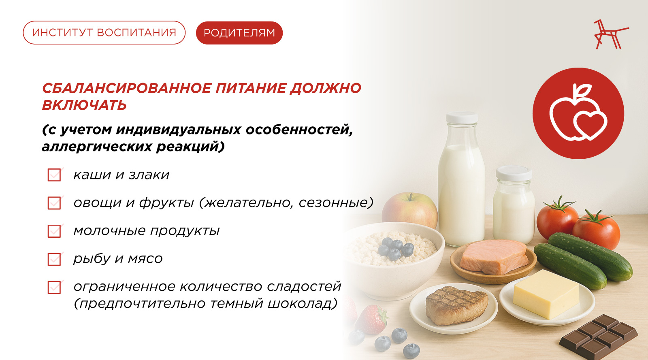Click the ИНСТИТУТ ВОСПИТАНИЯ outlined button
point(104,33)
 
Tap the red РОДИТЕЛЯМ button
point(239,33)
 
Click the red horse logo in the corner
point(611,34)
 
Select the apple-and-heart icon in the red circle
point(578,113)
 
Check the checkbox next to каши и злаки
point(54,175)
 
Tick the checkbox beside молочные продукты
point(54,231)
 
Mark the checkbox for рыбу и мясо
point(54,259)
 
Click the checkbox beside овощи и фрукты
point(54,203)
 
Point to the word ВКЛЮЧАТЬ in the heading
point(84,105)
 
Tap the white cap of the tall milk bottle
point(462,118)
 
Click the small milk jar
point(514,205)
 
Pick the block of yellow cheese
point(546,294)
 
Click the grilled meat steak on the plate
point(456,305)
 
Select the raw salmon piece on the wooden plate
point(493,256)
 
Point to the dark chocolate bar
point(599,337)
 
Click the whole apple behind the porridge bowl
point(409,210)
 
